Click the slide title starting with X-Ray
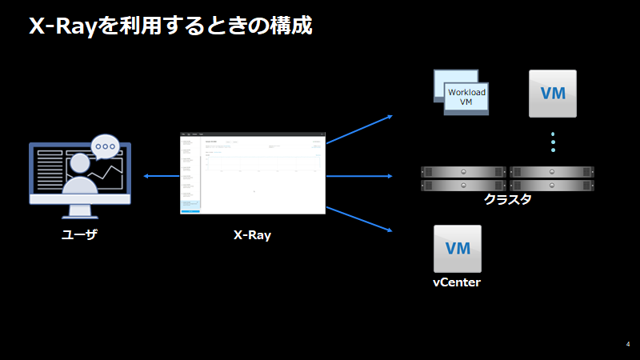[x=170, y=26]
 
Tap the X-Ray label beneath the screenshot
[x=252, y=235]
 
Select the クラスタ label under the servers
[x=507, y=199]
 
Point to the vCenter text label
[x=457, y=282]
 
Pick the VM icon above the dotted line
[x=553, y=94]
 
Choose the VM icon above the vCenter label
[x=457, y=248]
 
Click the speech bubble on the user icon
[x=105, y=146]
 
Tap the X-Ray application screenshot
[x=253, y=174]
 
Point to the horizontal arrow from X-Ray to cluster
[x=359, y=175]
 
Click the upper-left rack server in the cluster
[x=463, y=172]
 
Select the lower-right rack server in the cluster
[x=552, y=185]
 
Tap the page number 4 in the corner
[x=628, y=344]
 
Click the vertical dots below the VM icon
[x=553, y=142]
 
